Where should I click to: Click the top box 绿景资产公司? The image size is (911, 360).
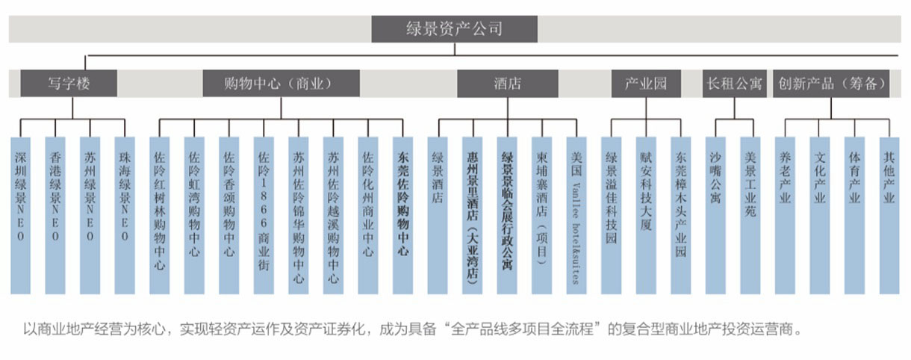tap(454, 29)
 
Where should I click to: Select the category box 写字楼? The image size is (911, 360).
tap(69, 84)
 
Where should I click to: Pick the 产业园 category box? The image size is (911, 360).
tap(645, 84)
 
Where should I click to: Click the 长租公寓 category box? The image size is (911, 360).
tap(734, 84)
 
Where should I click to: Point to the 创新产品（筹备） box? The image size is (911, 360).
tap(833, 84)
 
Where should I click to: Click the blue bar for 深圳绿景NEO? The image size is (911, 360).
tap(21, 215)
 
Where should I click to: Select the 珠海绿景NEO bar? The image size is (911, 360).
tap(125, 215)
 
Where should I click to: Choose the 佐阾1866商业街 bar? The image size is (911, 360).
tap(264, 215)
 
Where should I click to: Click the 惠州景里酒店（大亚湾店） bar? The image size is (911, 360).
tap(472, 215)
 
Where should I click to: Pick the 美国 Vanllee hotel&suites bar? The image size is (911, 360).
tap(576, 215)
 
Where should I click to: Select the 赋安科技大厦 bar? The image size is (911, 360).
tap(646, 215)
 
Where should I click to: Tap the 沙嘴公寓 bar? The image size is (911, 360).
tap(716, 215)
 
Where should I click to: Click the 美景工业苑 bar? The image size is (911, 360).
tap(750, 215)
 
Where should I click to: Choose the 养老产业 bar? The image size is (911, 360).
tap(786, 215)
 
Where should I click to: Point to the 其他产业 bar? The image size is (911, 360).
tap(889, 215)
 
